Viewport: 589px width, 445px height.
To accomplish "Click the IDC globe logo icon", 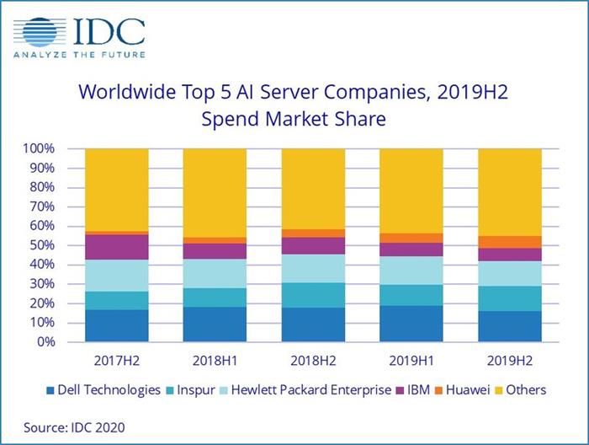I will pos(42,33).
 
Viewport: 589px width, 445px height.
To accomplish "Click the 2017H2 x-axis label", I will pos(116,361).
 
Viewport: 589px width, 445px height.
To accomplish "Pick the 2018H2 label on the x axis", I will pos(313,361).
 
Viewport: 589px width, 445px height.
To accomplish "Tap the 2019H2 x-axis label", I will pos(509,361).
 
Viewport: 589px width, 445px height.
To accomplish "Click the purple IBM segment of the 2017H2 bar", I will pos(117,247).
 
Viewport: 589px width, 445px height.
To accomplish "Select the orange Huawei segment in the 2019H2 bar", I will pos(510,242).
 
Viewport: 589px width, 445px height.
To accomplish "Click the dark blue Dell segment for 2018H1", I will pos(215,324).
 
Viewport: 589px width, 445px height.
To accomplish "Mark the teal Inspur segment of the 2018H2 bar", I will pos(313,295).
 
